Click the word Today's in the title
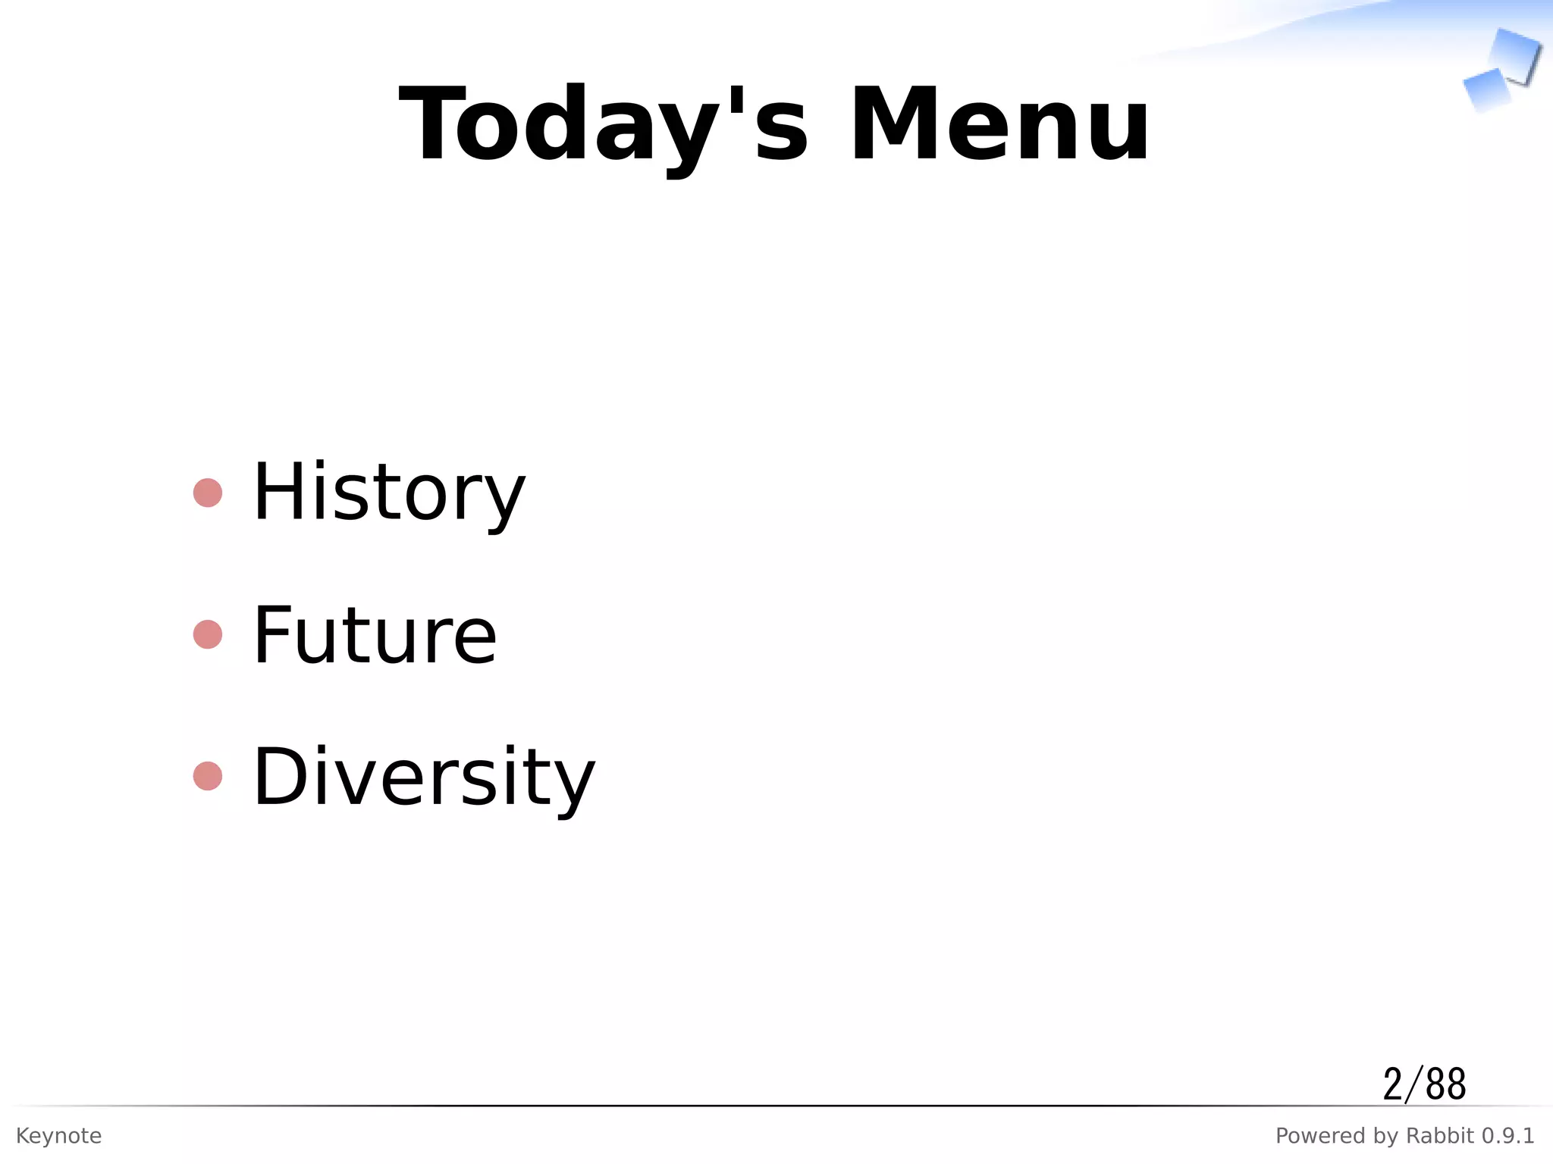(603, 125)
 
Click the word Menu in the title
(999, 125)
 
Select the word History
(388, 493)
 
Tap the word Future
(375, 635)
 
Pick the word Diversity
(424, 777)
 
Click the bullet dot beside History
(208, 493)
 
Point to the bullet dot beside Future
(208, 634)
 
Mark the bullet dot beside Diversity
(208, 776)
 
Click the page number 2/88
(1424, 1084)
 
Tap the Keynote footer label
(59, 1135)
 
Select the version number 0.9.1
(1508, 1135)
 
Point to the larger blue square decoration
(1515, 55)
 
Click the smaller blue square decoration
(1486, 89)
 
